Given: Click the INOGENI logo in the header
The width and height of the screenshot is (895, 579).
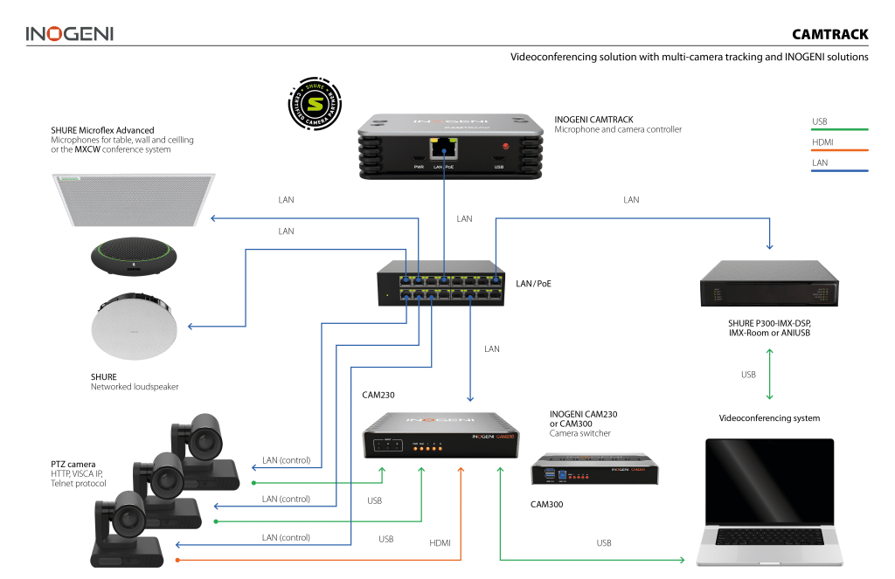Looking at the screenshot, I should point(69,34).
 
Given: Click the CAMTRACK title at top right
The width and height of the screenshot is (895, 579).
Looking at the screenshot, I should point(829,35).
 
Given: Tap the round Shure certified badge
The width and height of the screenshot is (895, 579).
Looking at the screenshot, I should point(315,104).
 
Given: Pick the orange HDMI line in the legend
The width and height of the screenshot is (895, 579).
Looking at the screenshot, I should point(839,151).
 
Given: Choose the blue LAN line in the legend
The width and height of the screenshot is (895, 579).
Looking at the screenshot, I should point(839,171).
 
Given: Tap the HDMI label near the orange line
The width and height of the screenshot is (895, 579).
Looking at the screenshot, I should point(441,543).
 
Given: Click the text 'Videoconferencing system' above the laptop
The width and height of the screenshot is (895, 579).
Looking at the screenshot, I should point(769,418).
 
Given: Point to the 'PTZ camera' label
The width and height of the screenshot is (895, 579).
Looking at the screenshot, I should point(72,463).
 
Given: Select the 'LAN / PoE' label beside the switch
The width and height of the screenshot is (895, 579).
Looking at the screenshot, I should point(533,284).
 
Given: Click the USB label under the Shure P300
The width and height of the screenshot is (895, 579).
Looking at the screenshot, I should point(748,375).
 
